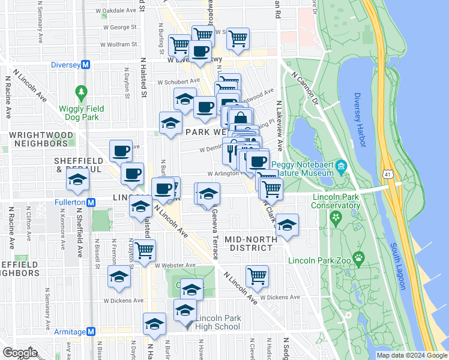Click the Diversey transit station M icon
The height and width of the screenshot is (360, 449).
(x=86, y=65)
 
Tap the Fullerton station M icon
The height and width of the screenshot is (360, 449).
(x=91, y=202)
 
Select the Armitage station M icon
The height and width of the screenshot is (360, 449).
(x=91, y=331)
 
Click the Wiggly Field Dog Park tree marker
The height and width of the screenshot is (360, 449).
(x=82, y=93)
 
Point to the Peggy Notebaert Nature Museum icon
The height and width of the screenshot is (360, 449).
(x=341, y=165)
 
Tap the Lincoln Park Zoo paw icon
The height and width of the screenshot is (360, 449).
(x=359, y=258)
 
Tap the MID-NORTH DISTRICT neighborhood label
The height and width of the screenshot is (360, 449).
(x=250, y=244)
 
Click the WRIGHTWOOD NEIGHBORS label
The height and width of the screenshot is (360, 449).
(x=38, y=139)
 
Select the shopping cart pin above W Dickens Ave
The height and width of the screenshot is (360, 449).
(x=257, y=275)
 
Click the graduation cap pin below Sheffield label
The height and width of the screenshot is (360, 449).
(x=77, y=180)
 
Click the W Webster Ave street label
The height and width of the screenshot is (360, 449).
(x=175, y=265)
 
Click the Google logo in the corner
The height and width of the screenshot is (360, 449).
(x=20, y=352)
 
